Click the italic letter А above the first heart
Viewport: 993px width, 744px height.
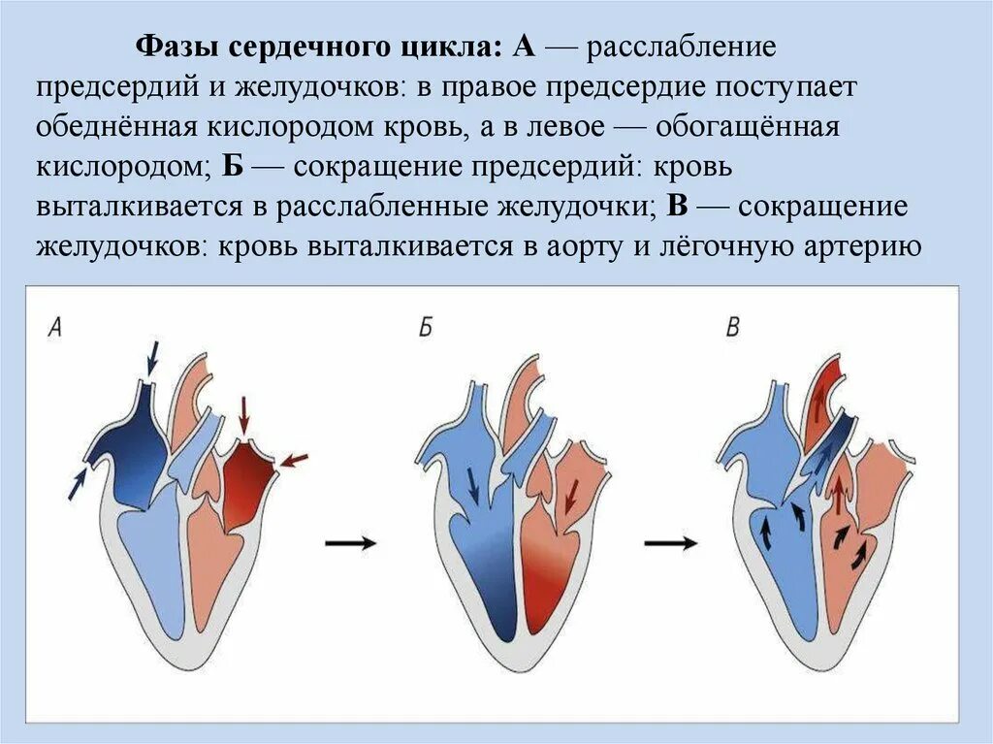[x=55, y=328]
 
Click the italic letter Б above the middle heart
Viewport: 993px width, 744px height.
[x=425, y=328]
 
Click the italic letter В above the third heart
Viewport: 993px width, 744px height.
[x=733, y=328]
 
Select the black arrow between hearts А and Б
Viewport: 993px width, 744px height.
[x=350, y=543]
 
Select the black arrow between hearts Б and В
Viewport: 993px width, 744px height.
[x=670, y=543]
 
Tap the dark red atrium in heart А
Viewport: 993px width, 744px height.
[x=250, y=472]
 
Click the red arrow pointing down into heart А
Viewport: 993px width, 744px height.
[x=243, y=417]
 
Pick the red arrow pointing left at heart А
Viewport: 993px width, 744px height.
[x=296, y=460]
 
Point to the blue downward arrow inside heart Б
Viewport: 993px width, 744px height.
[x=473, y=484]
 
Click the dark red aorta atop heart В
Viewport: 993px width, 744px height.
[x=826, y=388]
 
